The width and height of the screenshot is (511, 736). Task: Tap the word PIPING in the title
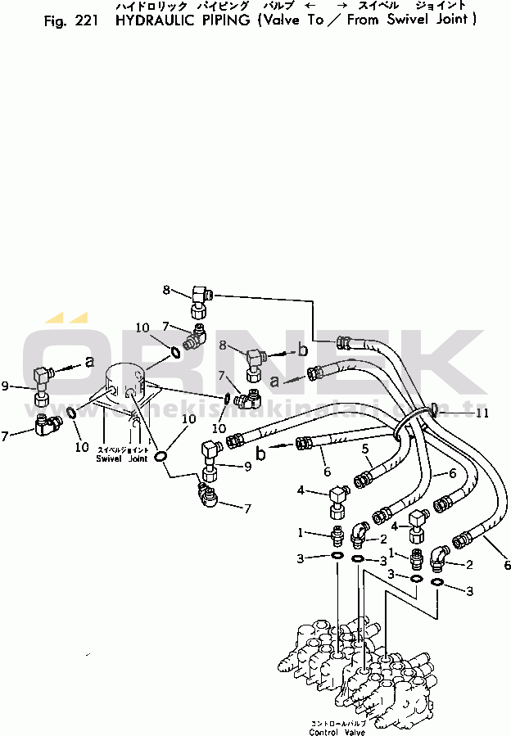tap(225, 20)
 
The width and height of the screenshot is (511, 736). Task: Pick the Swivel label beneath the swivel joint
tap(108, 458)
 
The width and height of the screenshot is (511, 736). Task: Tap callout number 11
tap(483, 413)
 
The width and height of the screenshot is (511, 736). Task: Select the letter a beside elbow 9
tap(89, 360)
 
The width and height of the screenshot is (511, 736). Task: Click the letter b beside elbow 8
tap(302, 350)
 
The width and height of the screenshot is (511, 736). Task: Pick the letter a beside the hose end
tap(276, 381)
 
